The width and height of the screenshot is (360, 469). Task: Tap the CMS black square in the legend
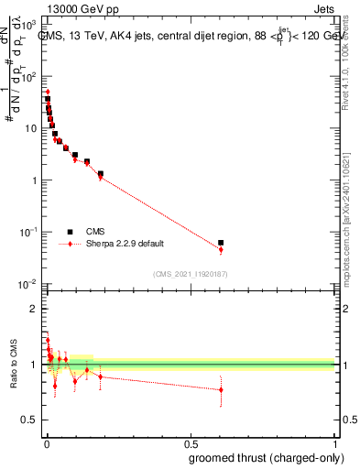[x=70, y=232]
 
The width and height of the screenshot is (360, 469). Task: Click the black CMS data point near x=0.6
[x=221, y=243]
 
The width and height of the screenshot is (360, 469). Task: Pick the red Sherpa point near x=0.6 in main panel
[x=221, y=249]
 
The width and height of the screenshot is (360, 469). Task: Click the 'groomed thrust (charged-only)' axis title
[x=262, y=457]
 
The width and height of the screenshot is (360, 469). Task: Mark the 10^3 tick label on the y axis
[x=30, y=25]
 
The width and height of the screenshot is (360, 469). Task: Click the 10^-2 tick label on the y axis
[x=30, y=285]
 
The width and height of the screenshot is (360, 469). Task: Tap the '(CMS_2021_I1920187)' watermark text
[x=190, y=273]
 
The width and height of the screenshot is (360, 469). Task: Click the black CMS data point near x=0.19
[x=101, y=173]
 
